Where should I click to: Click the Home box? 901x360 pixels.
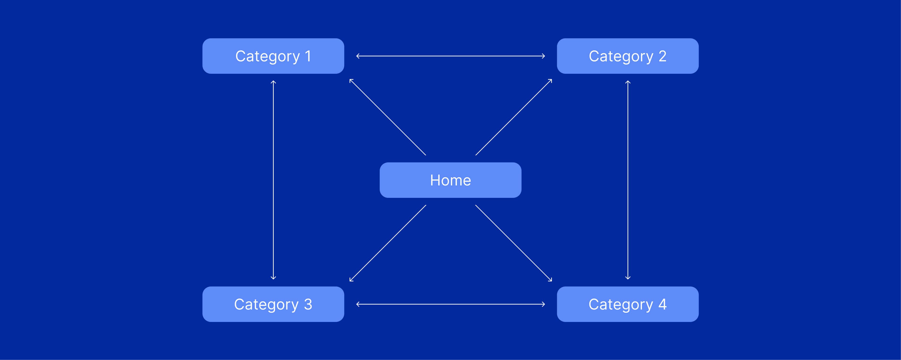(x=450, y=180)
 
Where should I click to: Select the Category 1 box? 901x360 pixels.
(x=273, y=56)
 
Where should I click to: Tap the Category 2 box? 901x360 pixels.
(x=628, y=56)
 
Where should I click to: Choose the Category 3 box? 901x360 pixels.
(x=273, y=304)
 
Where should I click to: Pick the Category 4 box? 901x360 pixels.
(x=628, y=304)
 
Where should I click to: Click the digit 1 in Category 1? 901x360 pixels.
(x=308, y=56)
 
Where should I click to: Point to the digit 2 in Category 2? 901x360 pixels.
(x=663, y=56)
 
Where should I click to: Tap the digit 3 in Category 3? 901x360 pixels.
(x=308, y=304)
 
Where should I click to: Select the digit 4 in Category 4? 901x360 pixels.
(x=663, y=304)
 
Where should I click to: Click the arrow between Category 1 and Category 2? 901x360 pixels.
(x=450, y=56)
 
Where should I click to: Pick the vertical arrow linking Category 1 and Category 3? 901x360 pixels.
(x=273, y=180)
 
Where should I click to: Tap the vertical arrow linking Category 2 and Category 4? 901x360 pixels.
(x=628, y=180)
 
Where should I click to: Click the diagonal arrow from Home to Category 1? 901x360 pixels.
(x=388, y=117)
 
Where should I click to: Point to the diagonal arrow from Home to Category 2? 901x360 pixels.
(x=513, y=117)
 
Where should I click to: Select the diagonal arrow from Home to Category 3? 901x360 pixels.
(x=388, y=243)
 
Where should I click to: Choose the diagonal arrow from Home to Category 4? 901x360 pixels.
(x=513, y=243)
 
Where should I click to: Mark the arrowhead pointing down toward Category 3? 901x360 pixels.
(x=273, y=278)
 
